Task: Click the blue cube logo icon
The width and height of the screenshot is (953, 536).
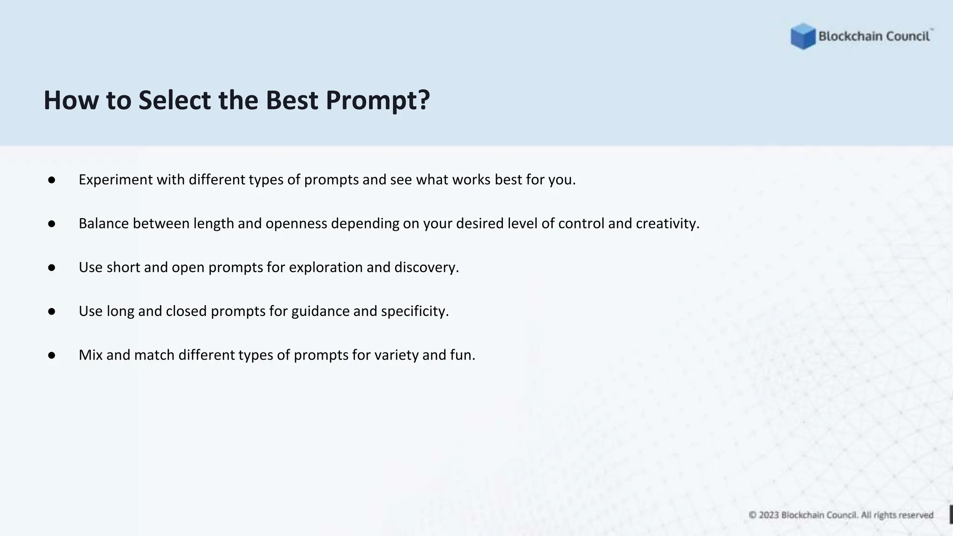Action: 803,36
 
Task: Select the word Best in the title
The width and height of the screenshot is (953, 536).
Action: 292,100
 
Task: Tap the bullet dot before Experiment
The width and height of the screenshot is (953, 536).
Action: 52,180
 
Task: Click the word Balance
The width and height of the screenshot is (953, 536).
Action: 104,224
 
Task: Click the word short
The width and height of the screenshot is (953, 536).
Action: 123,268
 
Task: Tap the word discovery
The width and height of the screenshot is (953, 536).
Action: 426,268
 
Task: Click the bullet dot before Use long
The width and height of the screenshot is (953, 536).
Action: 52,312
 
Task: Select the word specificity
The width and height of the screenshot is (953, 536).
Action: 415,311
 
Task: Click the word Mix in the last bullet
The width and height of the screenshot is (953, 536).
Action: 90,355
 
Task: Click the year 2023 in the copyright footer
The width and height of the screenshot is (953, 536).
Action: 769,515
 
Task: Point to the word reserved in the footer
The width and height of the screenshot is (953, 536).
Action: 916,515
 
